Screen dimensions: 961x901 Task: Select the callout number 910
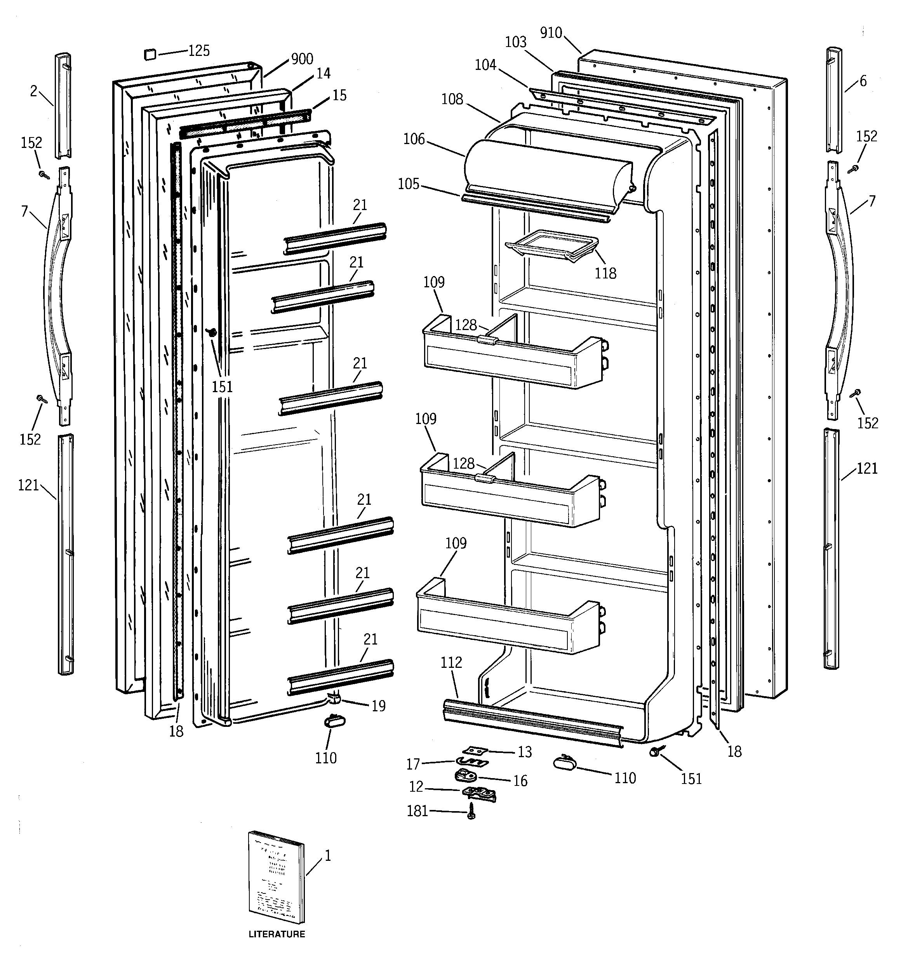coord(551,33)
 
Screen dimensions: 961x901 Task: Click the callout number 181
coord(417,811)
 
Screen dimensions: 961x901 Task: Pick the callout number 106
coord(414,139)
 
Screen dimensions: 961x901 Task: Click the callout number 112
coord(451,662)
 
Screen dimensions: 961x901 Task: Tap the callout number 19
coord(379,706)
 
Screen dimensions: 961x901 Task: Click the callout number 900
coord(302,59)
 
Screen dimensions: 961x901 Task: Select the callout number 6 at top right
coord(863,81)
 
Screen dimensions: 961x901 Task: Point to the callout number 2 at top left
coord(33,91)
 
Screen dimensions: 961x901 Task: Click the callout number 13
coord(525,752)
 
